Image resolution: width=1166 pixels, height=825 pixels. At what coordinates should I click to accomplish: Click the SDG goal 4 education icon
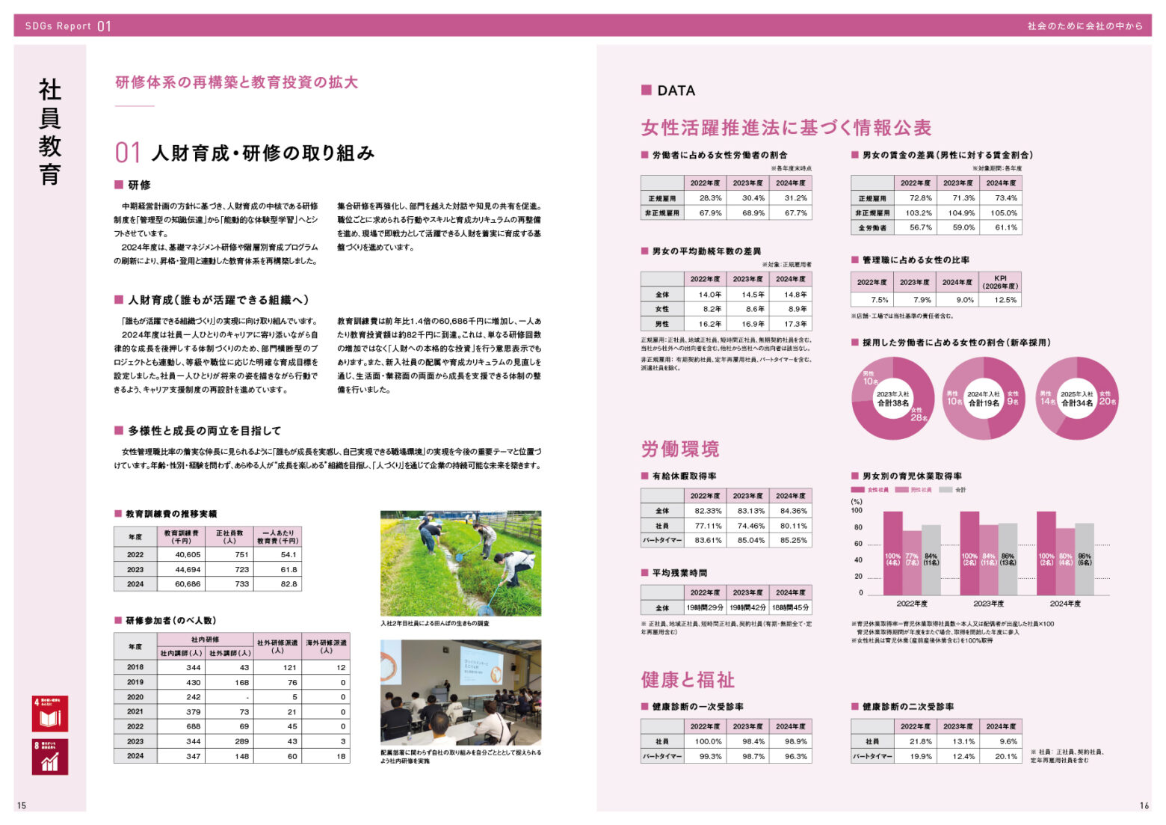click(x=50, y=714)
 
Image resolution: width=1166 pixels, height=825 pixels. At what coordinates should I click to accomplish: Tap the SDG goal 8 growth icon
click(x=50, y=756)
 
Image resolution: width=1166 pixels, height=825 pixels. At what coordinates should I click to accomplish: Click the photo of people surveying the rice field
click(x=460, y=563)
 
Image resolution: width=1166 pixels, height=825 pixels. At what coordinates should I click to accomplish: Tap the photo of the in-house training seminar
click(x=460, y=693)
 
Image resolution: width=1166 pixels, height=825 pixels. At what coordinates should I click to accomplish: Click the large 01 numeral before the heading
click(x=128, y=153)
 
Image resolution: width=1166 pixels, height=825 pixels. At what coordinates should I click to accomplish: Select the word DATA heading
click(x=676, y=91)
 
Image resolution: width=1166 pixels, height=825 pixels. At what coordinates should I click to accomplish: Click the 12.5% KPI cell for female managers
click(x=1005, y=300)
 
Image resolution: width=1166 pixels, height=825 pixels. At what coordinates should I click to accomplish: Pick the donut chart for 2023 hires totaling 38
click(x=893, y=399)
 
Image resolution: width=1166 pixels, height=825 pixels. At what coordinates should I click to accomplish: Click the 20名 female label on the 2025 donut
click(x=1107, y=402)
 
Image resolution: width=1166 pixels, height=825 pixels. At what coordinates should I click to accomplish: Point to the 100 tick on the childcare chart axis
click(x=857, y=510)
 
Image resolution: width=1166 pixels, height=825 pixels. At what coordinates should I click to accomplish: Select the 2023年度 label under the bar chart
click(x=988, y=604)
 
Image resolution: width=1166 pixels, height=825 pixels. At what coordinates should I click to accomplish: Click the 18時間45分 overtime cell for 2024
click(x=791, y=608)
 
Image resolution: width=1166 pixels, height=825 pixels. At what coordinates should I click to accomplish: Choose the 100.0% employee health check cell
click(x=708, y=741)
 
